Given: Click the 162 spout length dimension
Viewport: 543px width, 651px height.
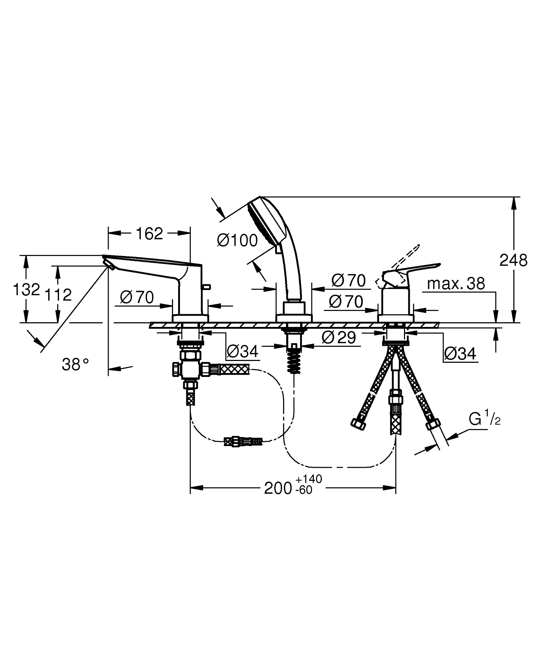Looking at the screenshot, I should tap(149, 234).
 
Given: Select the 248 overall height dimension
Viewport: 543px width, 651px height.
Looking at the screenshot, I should tap(513, 260).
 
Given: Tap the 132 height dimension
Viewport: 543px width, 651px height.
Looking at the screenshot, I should tap(26, 290).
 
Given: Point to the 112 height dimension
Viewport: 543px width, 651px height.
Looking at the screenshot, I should tap(58, 295).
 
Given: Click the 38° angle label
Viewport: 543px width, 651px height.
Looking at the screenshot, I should tap(75, 364).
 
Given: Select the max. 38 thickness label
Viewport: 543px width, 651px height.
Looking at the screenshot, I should tap(456, 284).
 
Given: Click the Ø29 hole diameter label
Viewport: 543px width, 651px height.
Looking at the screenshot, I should tap(339, 338).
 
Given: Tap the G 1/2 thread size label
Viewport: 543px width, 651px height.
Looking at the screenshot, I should tap(484, 419).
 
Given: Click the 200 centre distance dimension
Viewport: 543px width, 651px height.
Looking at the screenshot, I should tap(278, 488).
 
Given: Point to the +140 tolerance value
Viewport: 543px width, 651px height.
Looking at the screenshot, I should tap(308, 479).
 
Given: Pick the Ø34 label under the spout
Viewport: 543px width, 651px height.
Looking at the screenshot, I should tap(243, 351).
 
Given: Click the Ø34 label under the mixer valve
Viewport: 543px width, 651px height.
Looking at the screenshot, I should tap(460, 353).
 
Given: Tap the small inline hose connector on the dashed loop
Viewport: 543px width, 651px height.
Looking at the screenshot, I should tap(243, 442).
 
